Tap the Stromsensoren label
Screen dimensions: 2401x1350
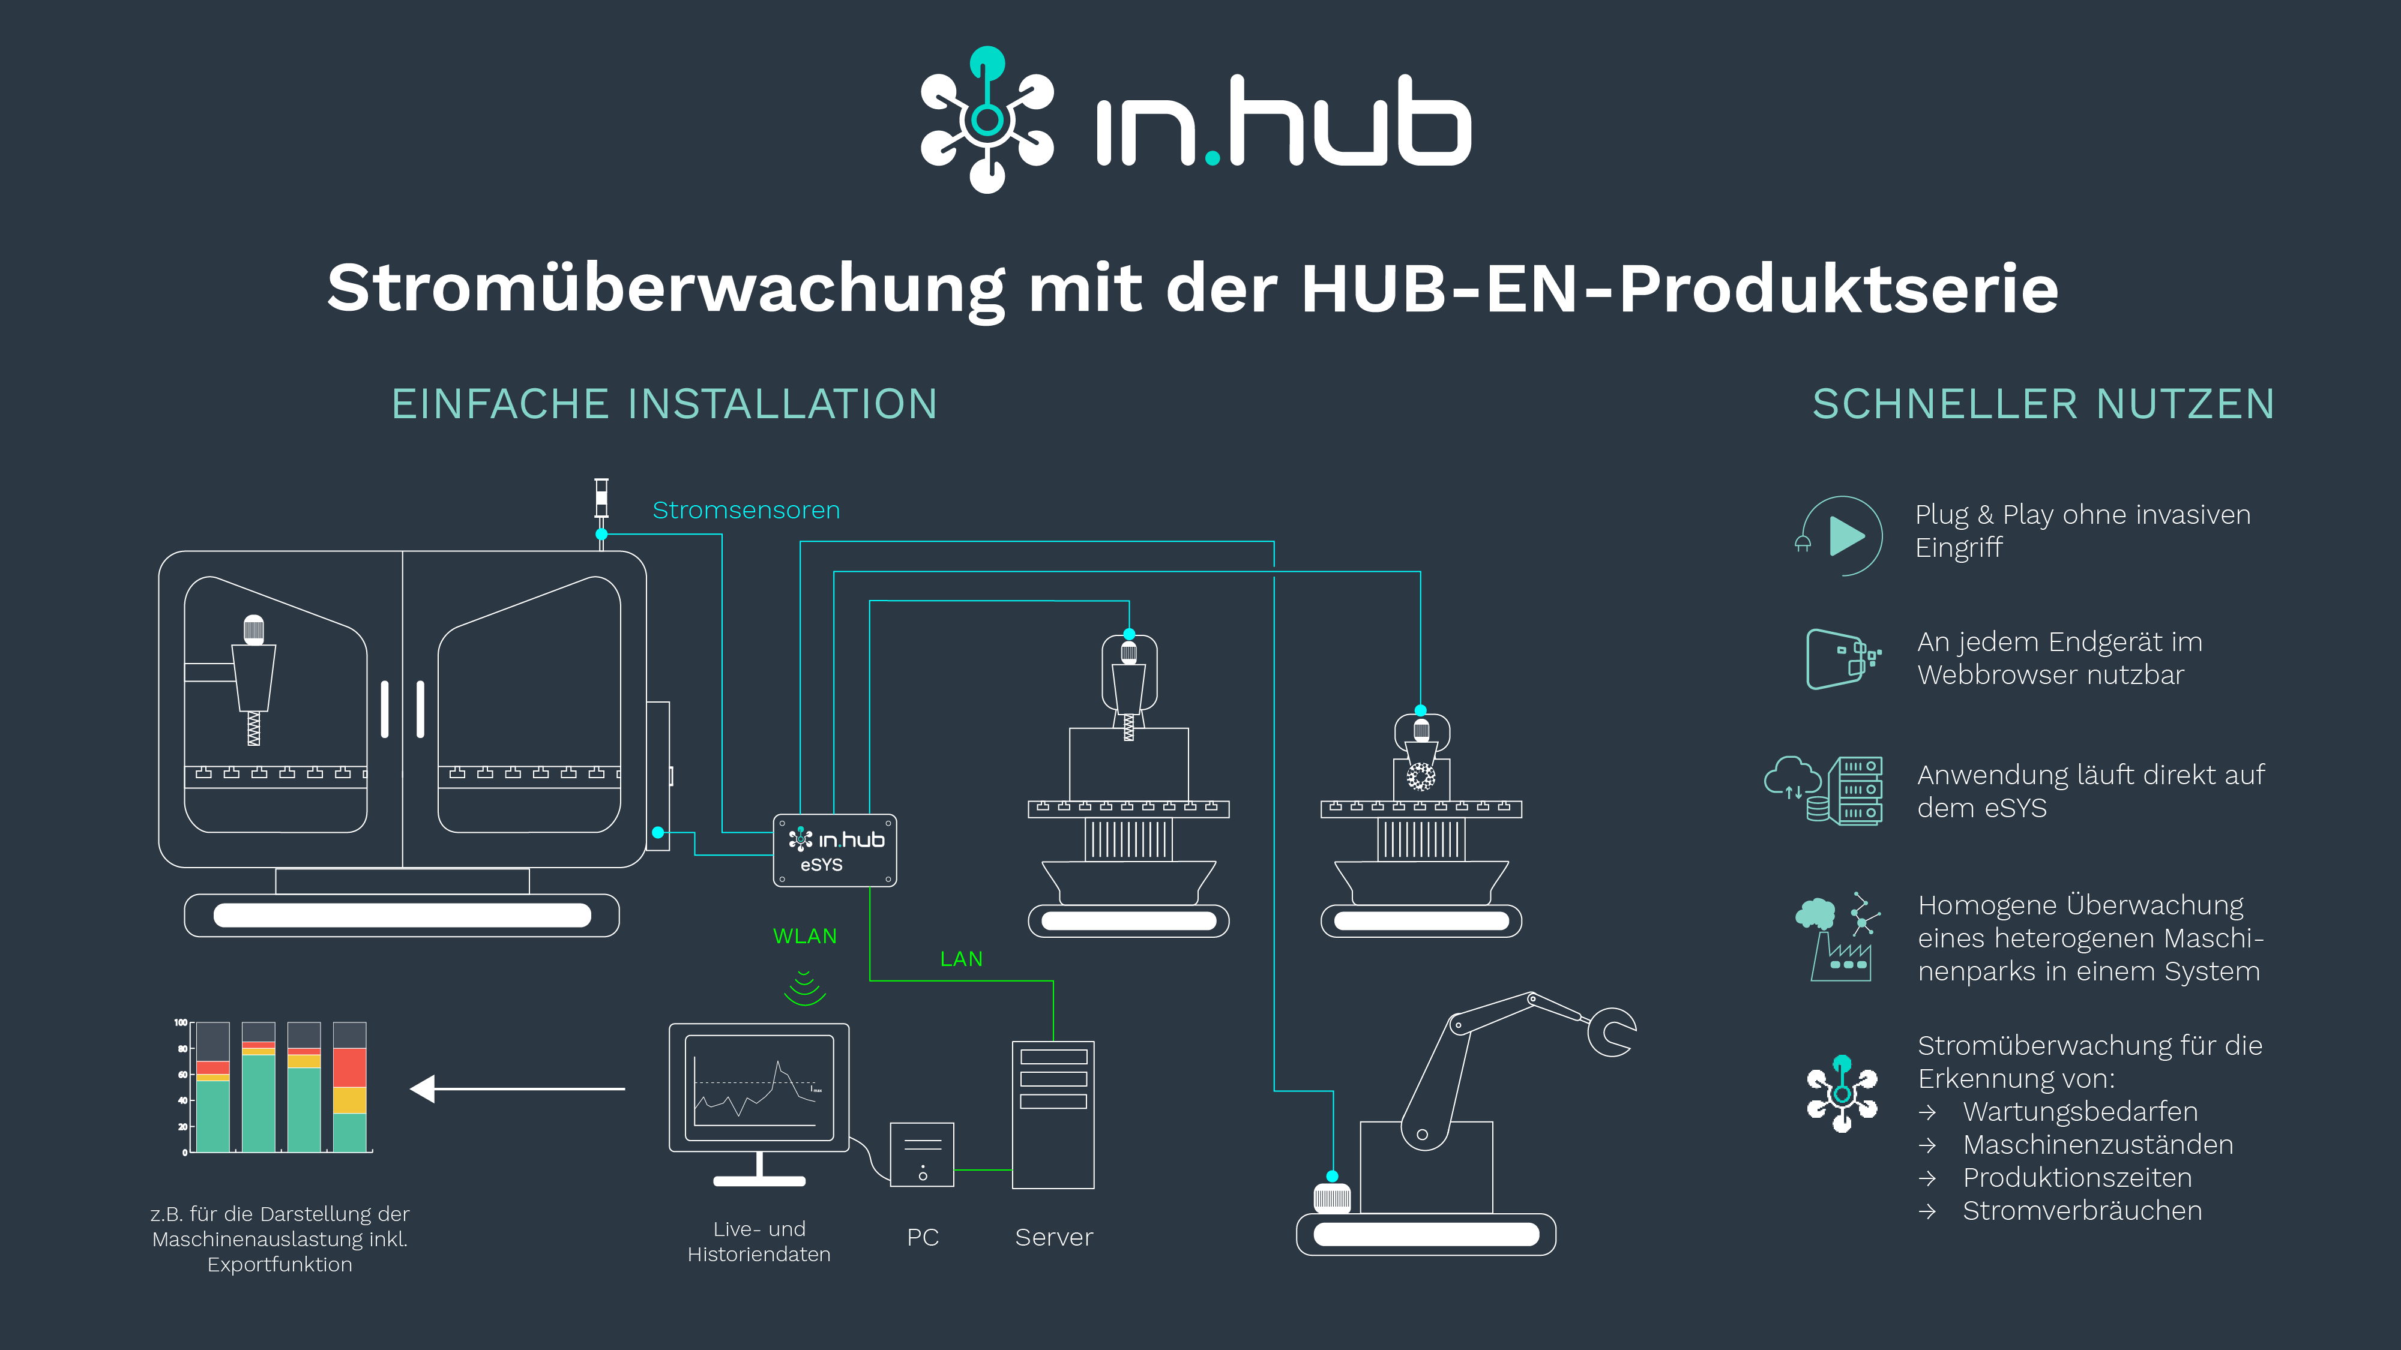[x=746, y=511]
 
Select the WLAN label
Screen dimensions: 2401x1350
[x=804, y=937]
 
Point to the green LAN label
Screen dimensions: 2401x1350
[x=961, y=959]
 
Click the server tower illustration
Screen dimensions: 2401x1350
[x=1053, y=1114]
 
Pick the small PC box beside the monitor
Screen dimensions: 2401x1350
[x=922, y=1154]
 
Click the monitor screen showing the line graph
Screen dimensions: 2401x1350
[x=759, y=1087]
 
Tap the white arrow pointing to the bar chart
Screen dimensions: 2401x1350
[x=517, y=1088]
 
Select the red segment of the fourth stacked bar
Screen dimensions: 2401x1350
[x=349, y=1068]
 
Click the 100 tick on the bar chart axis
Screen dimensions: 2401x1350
[x=180, y=1023]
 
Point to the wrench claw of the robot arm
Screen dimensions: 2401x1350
[x=1612, y=1032]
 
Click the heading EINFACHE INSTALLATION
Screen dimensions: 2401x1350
[x=664, y=404]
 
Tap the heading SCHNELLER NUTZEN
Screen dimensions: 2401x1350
[x=2043, y=404]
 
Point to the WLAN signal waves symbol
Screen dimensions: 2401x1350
[x=804, y=989]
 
